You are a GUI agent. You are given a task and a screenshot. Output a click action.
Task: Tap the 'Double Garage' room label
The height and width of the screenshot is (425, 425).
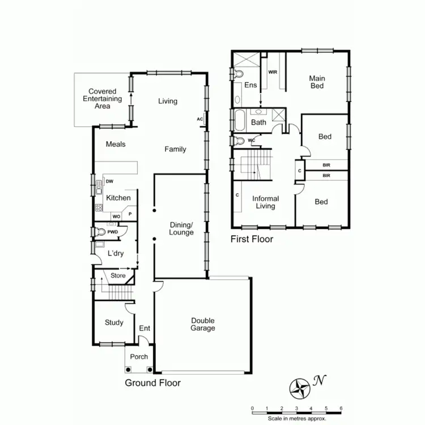[203, 324]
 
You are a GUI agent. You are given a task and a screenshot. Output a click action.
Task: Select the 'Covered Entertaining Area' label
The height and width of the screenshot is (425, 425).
[102, 99]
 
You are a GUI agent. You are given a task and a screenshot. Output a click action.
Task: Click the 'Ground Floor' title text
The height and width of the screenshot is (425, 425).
[152, 383]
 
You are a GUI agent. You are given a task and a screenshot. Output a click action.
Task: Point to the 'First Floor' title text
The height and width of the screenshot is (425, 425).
[252, 239]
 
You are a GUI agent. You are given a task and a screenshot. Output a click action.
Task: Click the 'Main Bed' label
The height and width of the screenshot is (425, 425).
[316, 82]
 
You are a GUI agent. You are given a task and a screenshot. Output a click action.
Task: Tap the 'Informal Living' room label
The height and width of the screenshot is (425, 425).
[265, 202]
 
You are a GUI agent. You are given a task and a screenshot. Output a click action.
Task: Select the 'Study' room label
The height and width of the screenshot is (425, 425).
[114, 322]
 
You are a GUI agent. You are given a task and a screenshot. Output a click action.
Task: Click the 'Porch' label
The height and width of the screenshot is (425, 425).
[139, 356]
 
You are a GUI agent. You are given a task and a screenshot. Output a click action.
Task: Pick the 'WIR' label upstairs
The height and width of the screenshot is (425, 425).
[273, 73]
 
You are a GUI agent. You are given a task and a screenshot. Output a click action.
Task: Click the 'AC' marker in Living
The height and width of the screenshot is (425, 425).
[199, 119]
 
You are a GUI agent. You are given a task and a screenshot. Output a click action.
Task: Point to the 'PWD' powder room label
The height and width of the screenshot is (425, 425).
[113, 231]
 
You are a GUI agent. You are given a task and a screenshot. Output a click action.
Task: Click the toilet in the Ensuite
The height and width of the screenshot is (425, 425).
[239, 74]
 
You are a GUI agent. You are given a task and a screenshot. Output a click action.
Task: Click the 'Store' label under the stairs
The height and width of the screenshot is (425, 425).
[118, 276]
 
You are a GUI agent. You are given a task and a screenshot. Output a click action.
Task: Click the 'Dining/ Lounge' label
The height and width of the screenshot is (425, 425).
[181, 229]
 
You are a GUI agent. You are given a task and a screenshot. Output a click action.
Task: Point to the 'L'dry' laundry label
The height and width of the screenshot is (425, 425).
[116, 253]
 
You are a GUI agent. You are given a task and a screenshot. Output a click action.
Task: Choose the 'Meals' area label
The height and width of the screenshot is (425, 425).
[116, 144]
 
